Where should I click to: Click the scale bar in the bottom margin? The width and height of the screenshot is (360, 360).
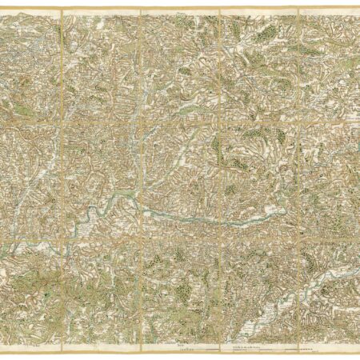pos(240,351)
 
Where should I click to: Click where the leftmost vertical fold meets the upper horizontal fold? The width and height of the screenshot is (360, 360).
pos(62,119)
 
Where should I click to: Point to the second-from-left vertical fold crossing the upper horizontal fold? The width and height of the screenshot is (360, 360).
pos(142,119)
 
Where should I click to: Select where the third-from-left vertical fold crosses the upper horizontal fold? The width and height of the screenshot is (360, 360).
pos(220,119)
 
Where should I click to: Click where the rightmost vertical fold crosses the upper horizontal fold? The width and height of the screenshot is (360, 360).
pos(299,119)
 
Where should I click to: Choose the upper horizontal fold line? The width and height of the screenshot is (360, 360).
pos(180,119)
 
